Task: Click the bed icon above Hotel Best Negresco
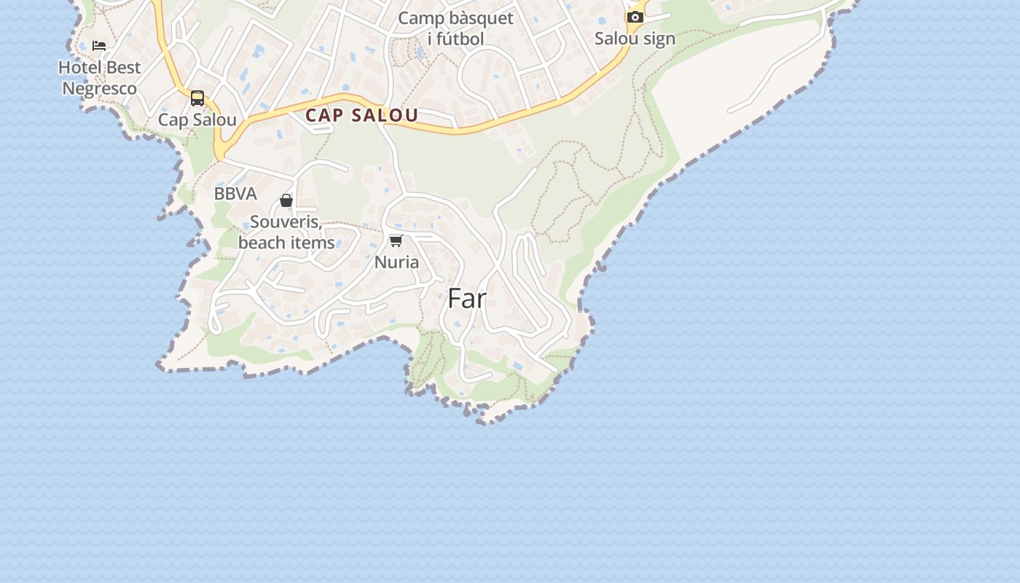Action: pos(99,45)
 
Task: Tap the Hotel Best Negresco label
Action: pos(99,78)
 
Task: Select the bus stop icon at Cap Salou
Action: pos(197,98)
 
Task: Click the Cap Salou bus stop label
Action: pos(197,120)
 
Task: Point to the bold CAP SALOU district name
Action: pos(361,115)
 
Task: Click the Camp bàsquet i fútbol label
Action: pos(455,28)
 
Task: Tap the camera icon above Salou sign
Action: pos(635,17)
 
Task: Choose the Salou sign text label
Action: pos(635,39)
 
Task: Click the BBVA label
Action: pos(235,194)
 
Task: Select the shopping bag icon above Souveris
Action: pos(286,200)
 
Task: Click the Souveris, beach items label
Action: pos(286,232)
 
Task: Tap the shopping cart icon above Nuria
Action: pos(396,241)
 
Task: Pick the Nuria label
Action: pos(396,262)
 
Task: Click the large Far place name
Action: pos(466,299)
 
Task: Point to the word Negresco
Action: pos(99,89)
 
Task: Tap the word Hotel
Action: pos(78,68)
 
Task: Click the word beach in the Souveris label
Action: pos(261,243)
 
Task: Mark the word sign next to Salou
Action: pos(659,39)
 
